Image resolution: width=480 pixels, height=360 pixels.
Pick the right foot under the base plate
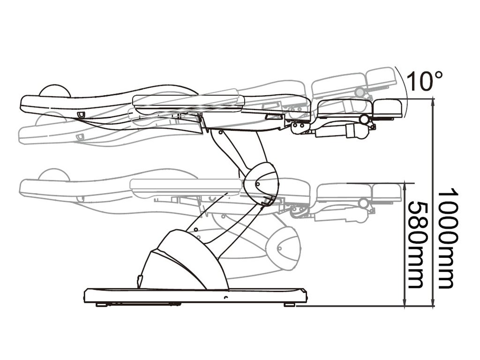click(x=289, y=304)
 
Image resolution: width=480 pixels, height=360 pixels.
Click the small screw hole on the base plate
click(x=226, y=298)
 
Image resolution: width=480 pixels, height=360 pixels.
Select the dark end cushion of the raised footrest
click(x=388, y=108)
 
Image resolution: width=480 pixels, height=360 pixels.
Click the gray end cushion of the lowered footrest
click(x=387, y=192)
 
